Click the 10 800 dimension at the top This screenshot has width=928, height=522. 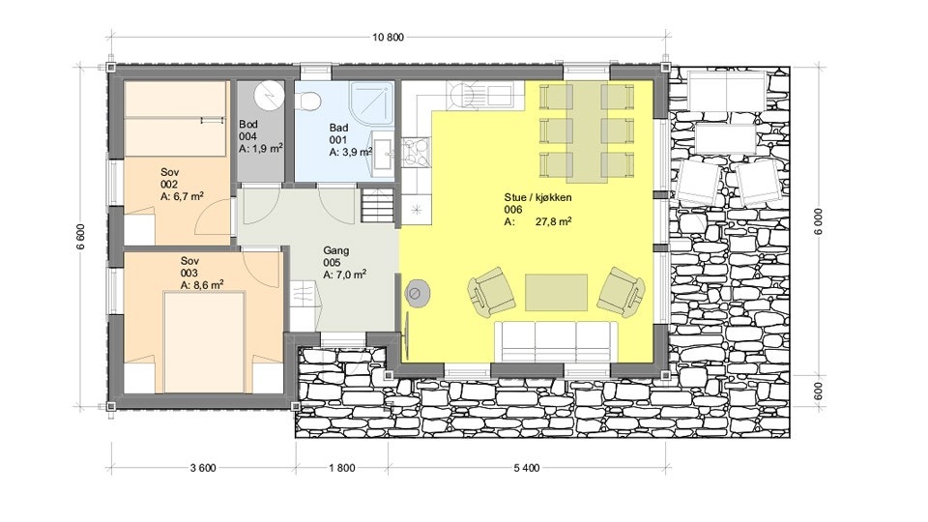pyautogui.click(x=388, y=38)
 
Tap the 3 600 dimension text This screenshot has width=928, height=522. pyautogui.click(x=203, y=468)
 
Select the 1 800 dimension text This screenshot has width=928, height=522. pyautogui.click(x=342, y=468)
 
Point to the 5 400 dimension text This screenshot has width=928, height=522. pyautogui.click(x=527, y=468)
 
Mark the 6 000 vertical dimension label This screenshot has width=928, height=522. pyautogui.click(x=819, y=221)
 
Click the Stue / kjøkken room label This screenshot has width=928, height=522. pyautogui.click(x=538, y=197)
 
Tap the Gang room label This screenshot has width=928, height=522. pyautogui.click(x=336, y=250)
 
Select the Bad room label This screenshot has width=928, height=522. pyautogui.click(x=338, y=128)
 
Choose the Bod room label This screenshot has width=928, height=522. pyautogui.click(x=248, y=125)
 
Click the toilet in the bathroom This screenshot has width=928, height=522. pyautogui.click(x=307, y=98)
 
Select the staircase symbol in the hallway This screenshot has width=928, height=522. pyautogui.click(x=378, y=205)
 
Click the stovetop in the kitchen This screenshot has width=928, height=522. pyautogui.click(x=416, y=151)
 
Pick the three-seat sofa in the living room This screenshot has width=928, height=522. pyautogui.click(x=557, y=339)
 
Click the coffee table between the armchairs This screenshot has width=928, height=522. pyautogui.click(x=557, y=292)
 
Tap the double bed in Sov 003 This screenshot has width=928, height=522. pyautogui.click(x=204, y=342)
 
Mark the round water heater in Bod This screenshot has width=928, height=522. pyautogui.click(x=270, y=95)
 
